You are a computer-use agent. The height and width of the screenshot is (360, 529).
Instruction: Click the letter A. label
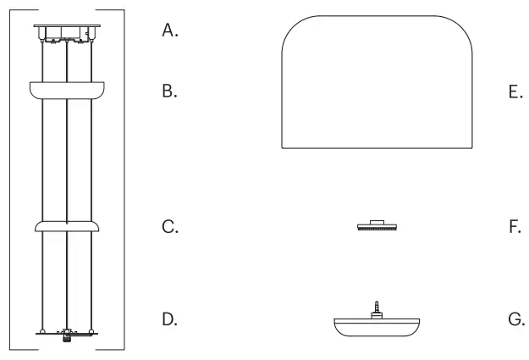(170, 31)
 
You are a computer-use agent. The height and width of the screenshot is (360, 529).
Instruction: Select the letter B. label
(170, 91)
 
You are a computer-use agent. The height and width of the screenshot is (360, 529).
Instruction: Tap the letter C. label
(170, 227)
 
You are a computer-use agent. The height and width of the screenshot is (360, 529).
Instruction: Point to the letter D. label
(170, 320)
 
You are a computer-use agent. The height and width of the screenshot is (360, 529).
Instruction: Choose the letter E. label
(515, 91)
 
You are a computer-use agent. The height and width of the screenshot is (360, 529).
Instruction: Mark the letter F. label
(515, 227)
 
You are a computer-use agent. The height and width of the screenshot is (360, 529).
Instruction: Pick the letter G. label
(515, 320)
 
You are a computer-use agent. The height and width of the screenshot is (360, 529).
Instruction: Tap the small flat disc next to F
(377, 227)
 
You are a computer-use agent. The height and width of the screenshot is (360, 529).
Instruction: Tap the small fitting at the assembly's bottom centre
(66, 335)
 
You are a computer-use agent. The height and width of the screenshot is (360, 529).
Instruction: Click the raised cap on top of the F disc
(377, 222)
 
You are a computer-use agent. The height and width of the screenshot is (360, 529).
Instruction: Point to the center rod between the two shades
(66, 157)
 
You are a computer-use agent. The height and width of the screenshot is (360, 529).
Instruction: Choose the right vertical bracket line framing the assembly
(124, 178)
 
